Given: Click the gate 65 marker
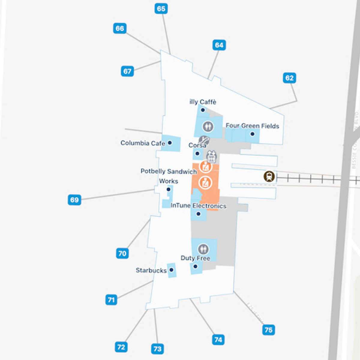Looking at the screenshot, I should coord(161,9).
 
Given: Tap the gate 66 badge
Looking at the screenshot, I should coord(120,28).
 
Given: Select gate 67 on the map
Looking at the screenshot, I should coord(127,71).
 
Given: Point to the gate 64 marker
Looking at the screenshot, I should coord(219,45).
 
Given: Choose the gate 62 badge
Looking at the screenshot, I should coord(289,78).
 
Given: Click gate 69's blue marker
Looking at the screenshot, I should coord(74,200).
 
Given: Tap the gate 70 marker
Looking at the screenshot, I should coord(122,253).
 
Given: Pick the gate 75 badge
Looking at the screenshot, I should coord(268,330).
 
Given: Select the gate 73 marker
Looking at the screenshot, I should coord(157,349).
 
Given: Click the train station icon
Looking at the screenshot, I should coord(269,176).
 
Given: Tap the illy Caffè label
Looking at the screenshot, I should coord(203,102).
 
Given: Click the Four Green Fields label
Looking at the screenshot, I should coord(252,126).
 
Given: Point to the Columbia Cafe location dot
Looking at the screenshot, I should coord(170,143).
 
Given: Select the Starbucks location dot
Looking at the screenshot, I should coord(171,270).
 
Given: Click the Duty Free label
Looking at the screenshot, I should coord(195,258).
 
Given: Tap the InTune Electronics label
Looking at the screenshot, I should coord(198,206).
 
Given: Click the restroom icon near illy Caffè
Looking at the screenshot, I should coord(208,126).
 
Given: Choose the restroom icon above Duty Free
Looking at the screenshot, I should coord(203,249).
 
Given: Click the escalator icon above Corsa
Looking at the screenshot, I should coord(204,139).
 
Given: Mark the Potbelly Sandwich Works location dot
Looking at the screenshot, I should coord(168,189).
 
